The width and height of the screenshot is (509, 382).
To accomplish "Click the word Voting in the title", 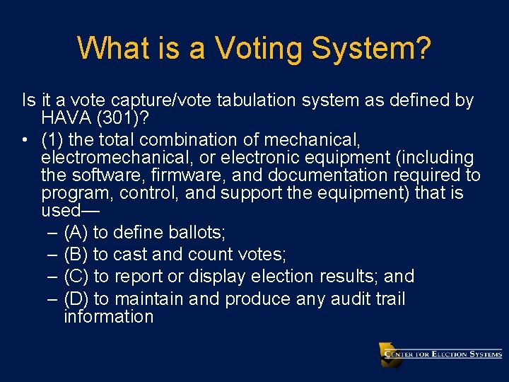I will click(x=259, y=48).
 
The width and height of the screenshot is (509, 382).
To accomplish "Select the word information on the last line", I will click(x=108, y=316).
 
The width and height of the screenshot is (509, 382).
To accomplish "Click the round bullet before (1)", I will click(x=25, y=139).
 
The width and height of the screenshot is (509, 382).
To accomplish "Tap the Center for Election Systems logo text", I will click(x=443, y=354).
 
